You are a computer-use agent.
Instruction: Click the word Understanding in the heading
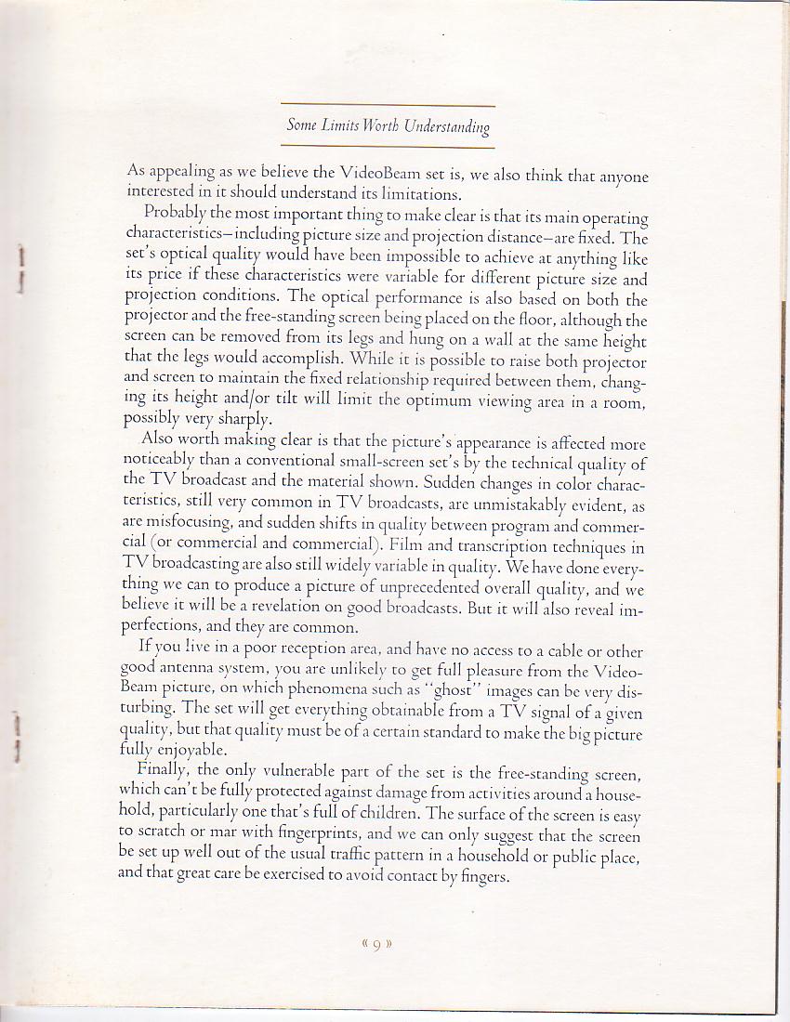[447, 127]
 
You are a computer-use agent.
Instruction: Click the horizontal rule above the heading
[387, 105]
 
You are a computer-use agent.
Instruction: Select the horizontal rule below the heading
[387, 147]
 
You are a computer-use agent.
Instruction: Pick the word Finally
[165, 770]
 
